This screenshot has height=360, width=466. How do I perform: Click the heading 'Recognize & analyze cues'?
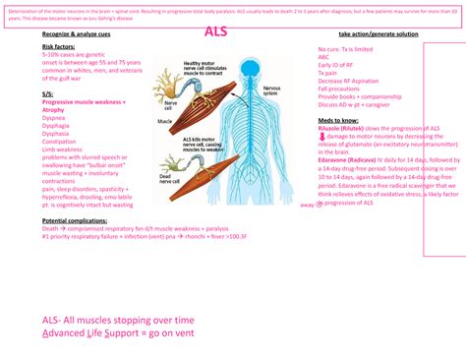pyautogui.click(x=76, y=34)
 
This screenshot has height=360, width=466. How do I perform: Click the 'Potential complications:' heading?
pyautogui.click(x=74, y=221)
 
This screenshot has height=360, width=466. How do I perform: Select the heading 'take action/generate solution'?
pyautogui.click(x=378, y=34)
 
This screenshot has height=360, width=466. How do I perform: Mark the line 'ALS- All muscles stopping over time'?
pyautogui.click(x=118, y=321)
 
